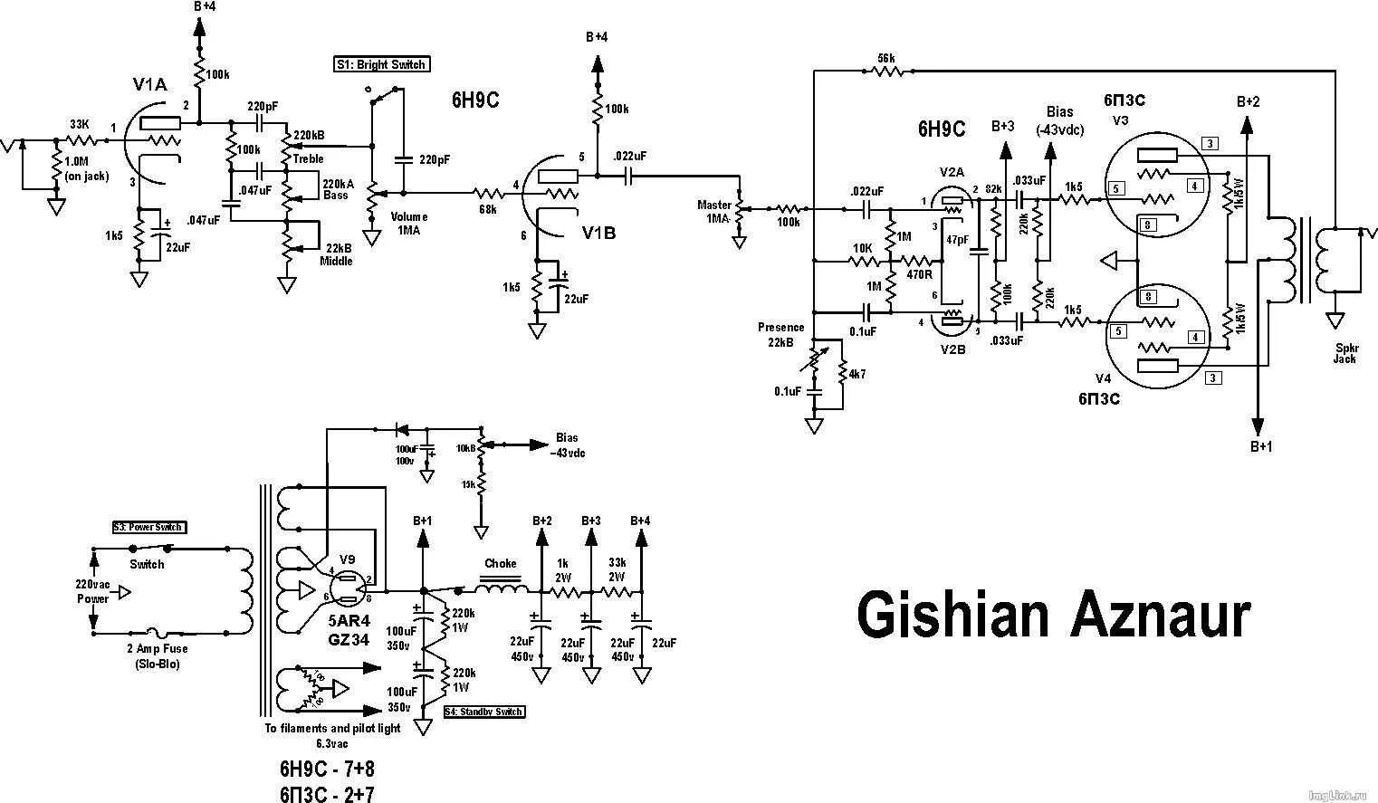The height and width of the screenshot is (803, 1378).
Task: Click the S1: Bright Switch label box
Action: point(379,64)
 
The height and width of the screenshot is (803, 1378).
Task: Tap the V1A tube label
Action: point(149,85)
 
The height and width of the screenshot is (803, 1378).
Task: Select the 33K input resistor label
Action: point(80,124)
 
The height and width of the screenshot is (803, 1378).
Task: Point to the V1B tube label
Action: point(598,233)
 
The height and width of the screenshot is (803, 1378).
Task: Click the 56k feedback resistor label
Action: point(886,58)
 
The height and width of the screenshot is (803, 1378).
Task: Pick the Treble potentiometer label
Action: point(308,158)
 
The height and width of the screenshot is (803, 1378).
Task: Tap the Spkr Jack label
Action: point(1345,353)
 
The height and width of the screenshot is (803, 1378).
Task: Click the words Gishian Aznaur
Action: point(1054,616)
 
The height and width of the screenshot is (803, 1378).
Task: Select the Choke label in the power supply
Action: point(500,563)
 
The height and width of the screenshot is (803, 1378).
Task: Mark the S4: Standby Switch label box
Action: point(484,712)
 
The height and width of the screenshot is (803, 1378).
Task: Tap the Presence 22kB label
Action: point(781,334)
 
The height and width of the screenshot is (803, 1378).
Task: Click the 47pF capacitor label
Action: point(957,240)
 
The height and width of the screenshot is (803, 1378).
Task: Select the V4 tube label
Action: point(1103,378)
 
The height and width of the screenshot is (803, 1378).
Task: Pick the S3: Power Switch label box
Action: point(148,527)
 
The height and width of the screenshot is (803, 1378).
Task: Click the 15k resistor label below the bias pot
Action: point(468,484)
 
